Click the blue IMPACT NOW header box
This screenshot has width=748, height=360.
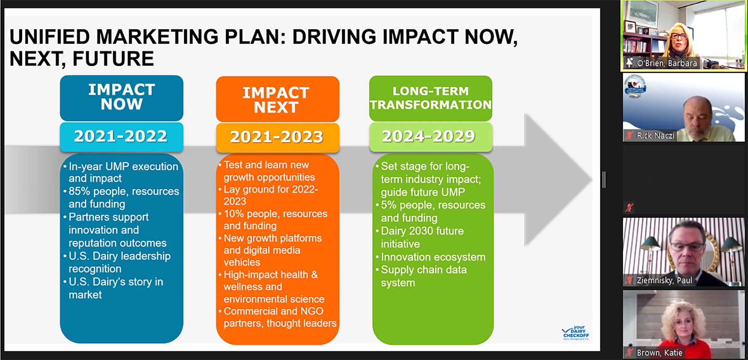click(x=121, y=98)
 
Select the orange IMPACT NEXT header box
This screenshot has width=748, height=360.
click(x=278, y=99)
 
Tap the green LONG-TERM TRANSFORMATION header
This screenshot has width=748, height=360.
click(x=431, y=98)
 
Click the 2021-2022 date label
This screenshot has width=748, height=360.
click(x=121, y=136)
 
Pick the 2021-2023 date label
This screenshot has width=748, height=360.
click(x=277, y=137)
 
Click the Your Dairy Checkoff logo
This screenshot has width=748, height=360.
click(x=576, y=333)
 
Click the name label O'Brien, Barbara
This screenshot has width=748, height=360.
click(x=667, y=63)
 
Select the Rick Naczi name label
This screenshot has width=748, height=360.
click(x=655, y=136)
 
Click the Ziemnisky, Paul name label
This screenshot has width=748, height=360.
click(x=664, y=280)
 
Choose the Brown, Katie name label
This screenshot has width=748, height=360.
click(x=659, y=353)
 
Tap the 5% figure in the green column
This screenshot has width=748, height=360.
click(x=389, y=205)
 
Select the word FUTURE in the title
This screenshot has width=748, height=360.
click(x=113, y=59)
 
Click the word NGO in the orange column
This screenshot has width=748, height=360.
click(x=312, y=311)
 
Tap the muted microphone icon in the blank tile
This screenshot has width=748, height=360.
click(x=629, y=207)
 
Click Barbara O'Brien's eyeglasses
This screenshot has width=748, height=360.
click(x=679, y=36)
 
